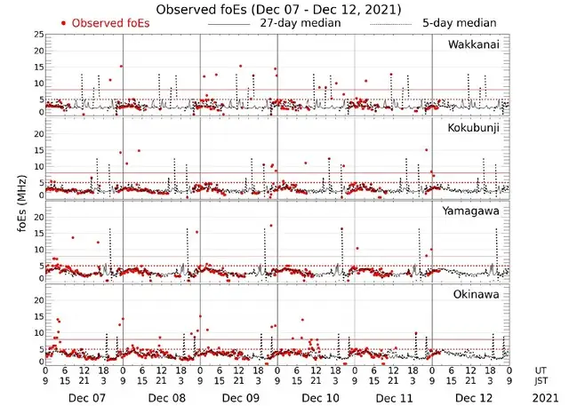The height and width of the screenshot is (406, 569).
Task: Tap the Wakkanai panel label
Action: point(475,44)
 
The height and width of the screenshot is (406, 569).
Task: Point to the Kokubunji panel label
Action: point(475,128)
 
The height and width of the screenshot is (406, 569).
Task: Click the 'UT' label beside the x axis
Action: point(542,370)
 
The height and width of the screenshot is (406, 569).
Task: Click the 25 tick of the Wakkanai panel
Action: point(38,35)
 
